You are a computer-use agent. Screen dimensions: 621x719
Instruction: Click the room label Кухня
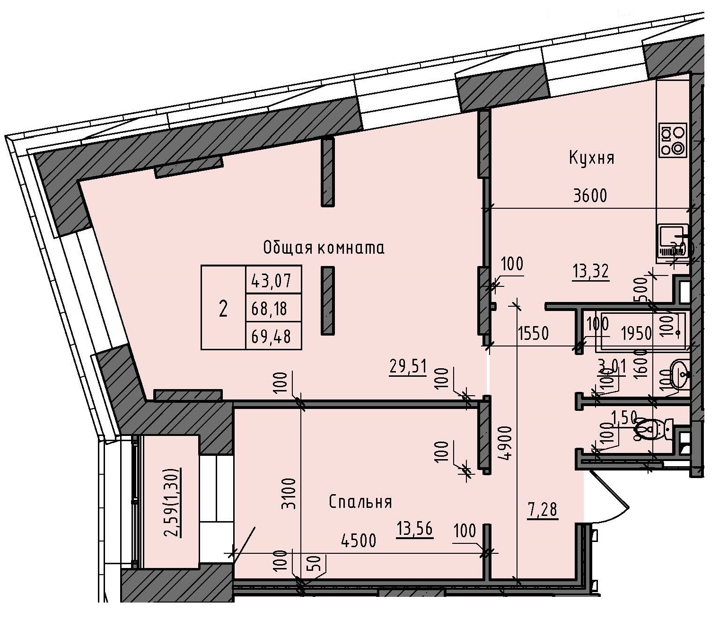pyautogui.click(x=591, y=158)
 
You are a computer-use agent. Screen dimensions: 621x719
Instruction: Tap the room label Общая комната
pyautogui.click(x=324, y=248)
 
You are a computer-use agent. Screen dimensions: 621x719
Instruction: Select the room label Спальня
pyautogui.click(x=360, y=502)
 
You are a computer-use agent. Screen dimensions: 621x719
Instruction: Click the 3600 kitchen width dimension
pyautogui.click(x=589, y=195)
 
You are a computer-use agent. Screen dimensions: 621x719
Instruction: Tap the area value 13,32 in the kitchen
pyautogui.click(x=590, y=272)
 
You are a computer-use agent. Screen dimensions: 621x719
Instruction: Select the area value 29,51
pyautogui.click(x=408, y=367)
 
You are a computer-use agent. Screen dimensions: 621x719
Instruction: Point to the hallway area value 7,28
pyautogui.click(x=543, y=510)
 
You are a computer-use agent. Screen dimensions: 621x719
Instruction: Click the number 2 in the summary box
pyautogui.click(x=223, y=309)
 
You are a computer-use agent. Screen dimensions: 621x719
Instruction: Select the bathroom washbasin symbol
pyautogui.click(x=680, y=374)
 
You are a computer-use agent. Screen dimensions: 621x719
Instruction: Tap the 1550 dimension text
pyautogui.click(x=533, y=334)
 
